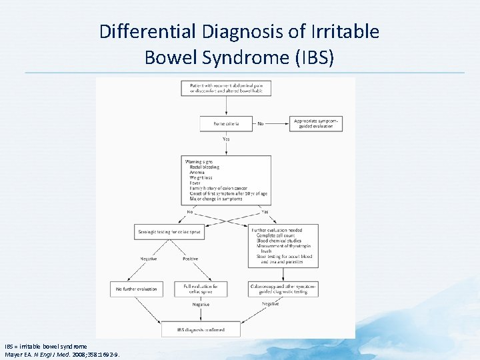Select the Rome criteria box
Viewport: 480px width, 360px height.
tap(226, 123)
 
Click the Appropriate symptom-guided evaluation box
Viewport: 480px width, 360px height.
tap(317, 123)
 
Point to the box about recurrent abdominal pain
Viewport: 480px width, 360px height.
tap(226, 87)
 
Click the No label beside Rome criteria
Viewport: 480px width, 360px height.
tap(261, 123)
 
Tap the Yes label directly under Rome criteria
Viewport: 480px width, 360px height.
tap(226, 139)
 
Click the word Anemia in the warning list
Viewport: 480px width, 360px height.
tap(197, 173)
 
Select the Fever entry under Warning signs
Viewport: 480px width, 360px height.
tap(195, 183)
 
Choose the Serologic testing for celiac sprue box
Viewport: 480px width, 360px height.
tap(168, 233)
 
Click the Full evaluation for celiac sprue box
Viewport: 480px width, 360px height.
tap(201, 289)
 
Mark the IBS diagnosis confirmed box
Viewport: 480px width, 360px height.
tap(201, 329)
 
